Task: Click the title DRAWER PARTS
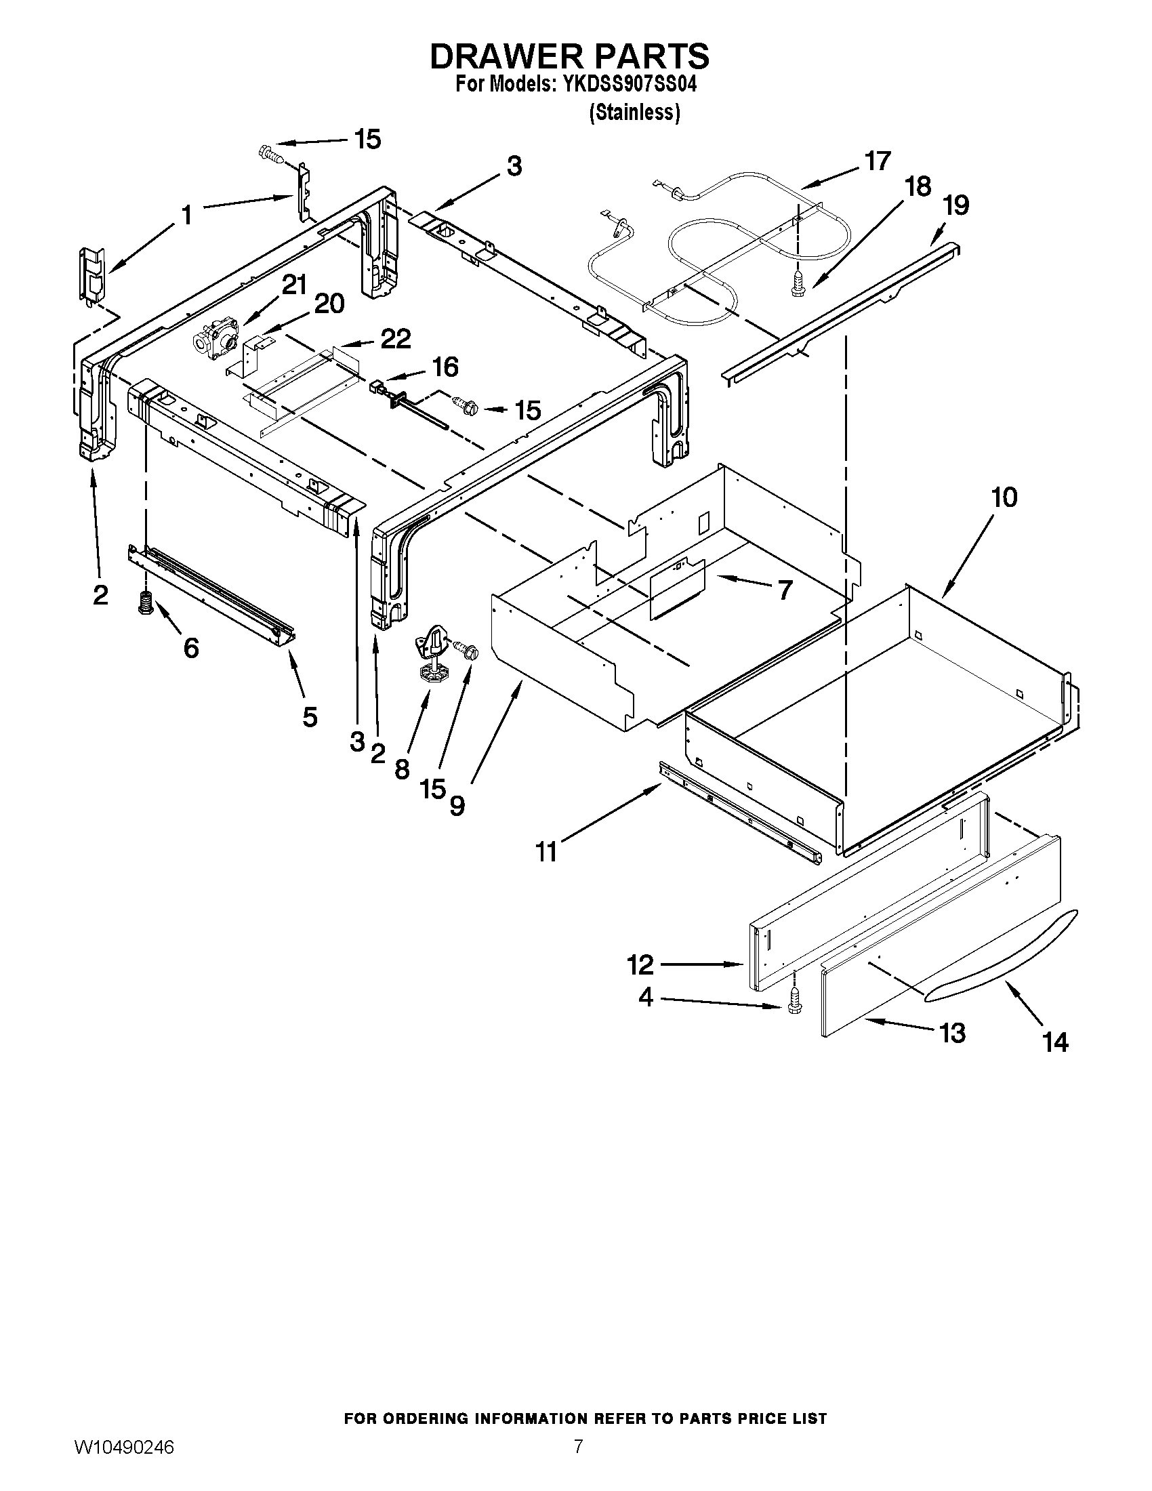(x=569, y=56)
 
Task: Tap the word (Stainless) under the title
(x=634, y=113)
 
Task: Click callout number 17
(x=877, y=161)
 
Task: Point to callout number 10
(x=1003, y=497)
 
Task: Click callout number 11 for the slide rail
(x=546, y=851)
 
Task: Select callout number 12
(x=640, y=964)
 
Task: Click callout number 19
(x=955, y=205)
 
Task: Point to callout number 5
(x=310, y=717)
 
